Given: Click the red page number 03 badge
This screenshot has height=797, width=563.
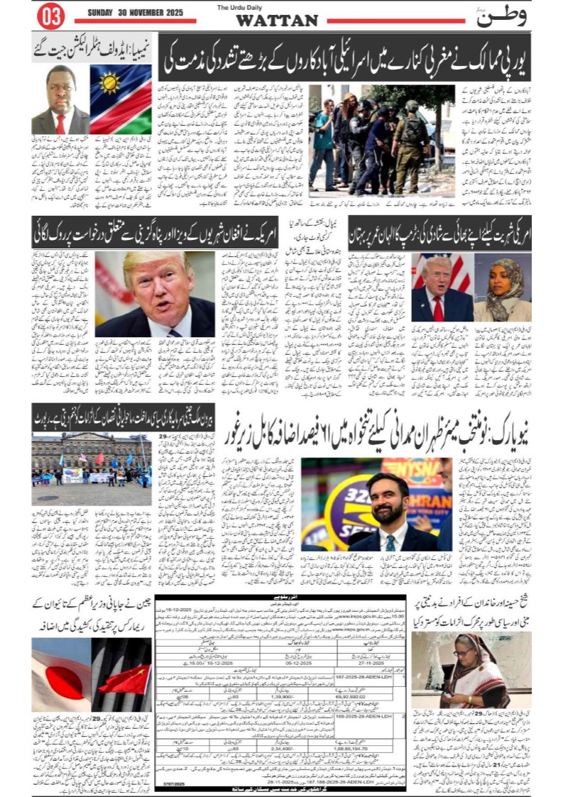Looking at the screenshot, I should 50,13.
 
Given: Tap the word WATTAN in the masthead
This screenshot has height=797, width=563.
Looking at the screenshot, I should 276,21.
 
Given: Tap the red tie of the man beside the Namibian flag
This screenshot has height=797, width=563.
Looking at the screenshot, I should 60,123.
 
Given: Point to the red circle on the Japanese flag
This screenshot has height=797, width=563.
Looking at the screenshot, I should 58,671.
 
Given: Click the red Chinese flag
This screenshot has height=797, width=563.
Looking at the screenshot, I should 125,678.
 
